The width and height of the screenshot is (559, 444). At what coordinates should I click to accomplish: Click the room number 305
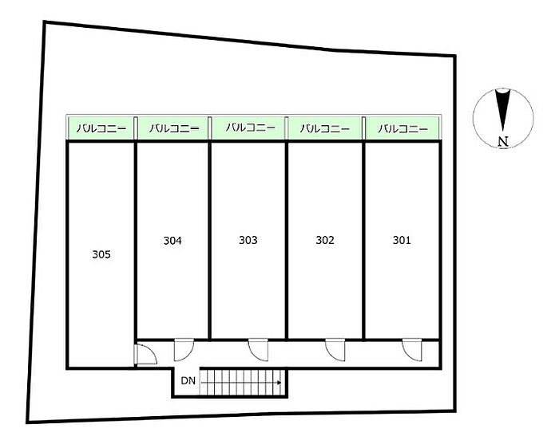point(101,255)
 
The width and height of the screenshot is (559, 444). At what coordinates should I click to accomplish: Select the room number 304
point(172,240)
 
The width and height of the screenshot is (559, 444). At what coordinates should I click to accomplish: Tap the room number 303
point(248,240)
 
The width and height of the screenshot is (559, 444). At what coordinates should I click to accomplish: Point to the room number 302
point(325,240)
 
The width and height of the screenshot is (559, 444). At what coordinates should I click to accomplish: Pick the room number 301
point(401,240)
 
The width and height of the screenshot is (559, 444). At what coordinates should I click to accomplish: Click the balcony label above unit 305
point(101,128)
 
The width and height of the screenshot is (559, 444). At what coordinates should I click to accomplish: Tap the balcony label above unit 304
point(172,128)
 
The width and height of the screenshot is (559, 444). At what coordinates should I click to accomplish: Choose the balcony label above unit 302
point(325,128)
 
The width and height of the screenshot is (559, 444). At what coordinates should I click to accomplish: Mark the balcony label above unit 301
point(402,128)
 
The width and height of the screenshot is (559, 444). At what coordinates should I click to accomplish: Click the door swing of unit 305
point(144,353)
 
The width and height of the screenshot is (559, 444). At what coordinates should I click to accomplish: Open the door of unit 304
point(181,348)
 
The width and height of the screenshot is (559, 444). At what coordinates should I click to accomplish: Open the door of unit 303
point(257,348)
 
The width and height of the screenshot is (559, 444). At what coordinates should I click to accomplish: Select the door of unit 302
point(334,348)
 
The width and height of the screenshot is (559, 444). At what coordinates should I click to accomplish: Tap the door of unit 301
point(410,348)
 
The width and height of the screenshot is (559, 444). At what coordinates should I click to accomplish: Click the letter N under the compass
point(502,143)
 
